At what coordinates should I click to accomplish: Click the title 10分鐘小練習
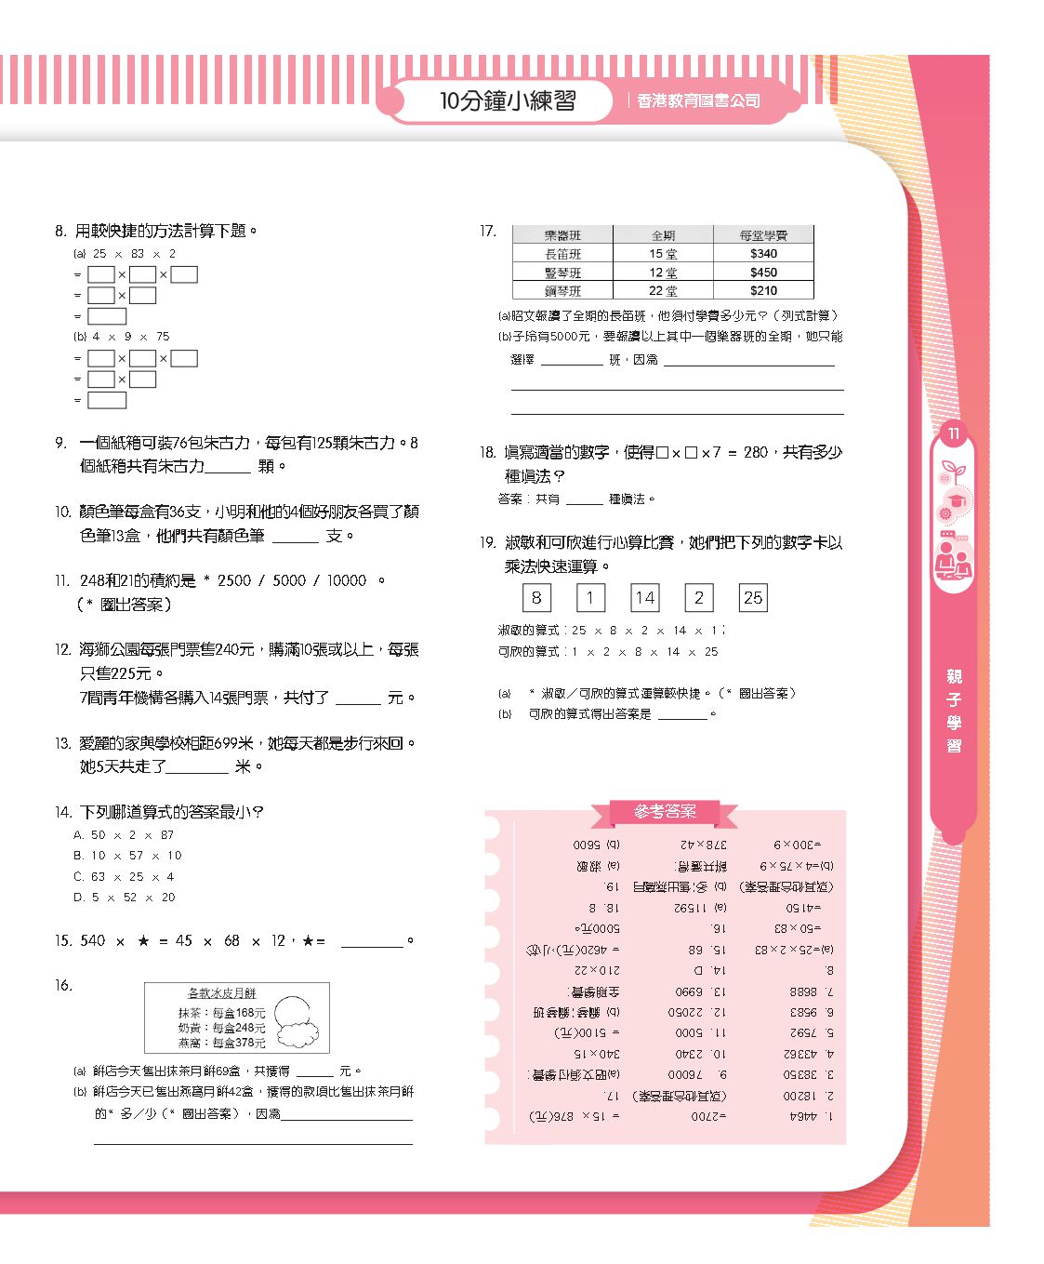508,100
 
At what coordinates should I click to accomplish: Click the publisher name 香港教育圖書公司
698,100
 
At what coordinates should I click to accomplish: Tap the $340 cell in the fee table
763,254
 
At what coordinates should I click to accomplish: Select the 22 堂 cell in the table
663,291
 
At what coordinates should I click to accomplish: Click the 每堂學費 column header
763,236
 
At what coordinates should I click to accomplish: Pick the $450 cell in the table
763,273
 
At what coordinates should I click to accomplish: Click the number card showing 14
645,598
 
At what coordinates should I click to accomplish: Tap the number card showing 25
753,598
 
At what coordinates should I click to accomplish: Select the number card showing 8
536,598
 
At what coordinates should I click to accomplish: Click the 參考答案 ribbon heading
665,812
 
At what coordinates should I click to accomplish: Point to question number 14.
62,813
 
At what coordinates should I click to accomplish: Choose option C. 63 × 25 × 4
125,877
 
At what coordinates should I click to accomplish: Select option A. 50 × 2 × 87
125,835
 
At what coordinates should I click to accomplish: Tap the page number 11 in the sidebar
953,433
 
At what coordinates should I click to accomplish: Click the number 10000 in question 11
347,580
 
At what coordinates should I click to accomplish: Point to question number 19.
488,543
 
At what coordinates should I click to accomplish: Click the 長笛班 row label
562,254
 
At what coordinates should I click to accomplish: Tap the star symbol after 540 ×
143,941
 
